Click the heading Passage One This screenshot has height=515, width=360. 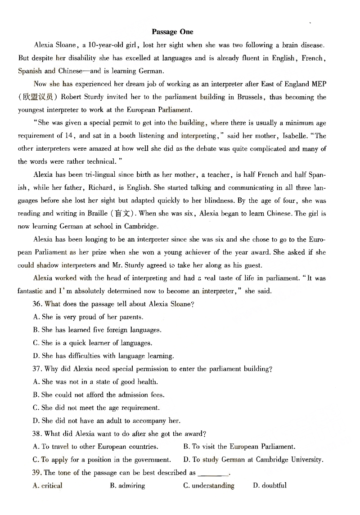tap(172, 32)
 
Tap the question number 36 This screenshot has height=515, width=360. tap(38, 304)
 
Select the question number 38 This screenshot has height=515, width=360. tap(38, 434)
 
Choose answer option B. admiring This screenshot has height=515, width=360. tap(127, 486)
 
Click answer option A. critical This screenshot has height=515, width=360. tap(48, 486)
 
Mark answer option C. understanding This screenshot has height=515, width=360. tap(209, 486)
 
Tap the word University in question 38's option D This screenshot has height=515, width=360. tap(307, 460)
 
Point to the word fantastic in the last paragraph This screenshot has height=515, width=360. tap(31, 291)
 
